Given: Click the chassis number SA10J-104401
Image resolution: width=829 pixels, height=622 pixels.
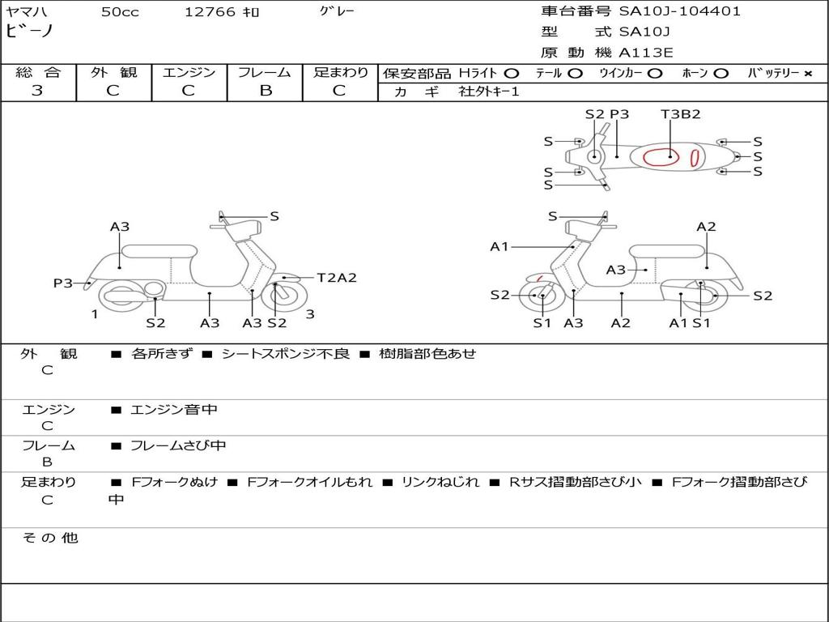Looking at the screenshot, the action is pos(679,11).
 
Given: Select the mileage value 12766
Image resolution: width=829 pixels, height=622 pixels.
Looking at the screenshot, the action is pos(210,12).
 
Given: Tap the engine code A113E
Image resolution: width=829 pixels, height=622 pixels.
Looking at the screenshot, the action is pos(645,53).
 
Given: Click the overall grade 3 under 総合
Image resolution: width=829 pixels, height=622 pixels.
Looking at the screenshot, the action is pos(37,91).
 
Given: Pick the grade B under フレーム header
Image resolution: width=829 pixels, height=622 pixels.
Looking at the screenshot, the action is pos(266,91).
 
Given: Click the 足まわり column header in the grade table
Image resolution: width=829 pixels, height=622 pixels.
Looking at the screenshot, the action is pos(341,72).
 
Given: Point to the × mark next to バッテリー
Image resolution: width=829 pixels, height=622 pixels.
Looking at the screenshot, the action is pos(808,74).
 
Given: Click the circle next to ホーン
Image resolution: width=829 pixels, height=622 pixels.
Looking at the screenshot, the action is pos(721,74).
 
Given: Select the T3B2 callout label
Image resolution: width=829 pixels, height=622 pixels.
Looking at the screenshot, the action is pos(680,114).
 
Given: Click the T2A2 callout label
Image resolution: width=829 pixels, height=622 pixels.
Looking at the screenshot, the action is pos(337,278).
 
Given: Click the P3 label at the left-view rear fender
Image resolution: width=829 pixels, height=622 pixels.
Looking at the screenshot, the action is pos(63,283).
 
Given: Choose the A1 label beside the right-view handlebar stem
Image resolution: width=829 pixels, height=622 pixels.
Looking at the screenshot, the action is pos(499,246).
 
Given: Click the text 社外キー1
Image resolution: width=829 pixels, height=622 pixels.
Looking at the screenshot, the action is pos(489,92).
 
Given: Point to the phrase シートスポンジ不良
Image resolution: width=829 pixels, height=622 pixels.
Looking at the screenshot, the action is pos(286,353).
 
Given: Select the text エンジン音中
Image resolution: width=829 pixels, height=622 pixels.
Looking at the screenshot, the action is pos(174,409).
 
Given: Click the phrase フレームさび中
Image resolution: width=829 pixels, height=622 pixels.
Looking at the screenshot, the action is pos(178,446).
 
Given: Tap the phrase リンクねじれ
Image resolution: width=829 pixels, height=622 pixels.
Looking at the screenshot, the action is pos(440,482).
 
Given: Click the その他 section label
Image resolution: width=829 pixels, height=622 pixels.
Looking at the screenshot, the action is pos(49,538).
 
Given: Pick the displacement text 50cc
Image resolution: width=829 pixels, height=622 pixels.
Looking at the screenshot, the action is pos(120,12).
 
